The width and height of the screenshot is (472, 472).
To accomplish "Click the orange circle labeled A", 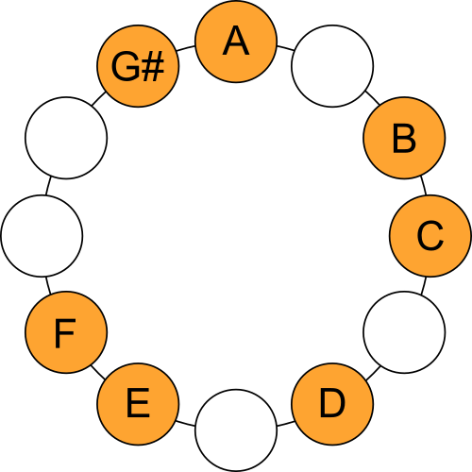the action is click(x=236, y=42).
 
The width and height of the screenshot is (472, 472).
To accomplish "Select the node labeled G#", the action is click(x=138, y=66).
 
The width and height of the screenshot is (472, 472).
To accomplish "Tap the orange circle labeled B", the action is click(x=404, y=138).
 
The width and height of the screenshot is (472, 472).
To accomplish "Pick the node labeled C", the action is click(x=430, y=236).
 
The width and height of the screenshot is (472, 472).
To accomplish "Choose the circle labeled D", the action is click(x=332, y=404).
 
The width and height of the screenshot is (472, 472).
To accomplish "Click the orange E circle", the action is click(x=138, y=404).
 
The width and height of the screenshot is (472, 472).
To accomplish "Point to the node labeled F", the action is click(x=66, y=332).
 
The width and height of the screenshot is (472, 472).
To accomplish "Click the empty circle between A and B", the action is click(x=332, y=66).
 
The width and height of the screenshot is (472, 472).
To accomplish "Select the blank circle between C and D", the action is click(x=404, y=332).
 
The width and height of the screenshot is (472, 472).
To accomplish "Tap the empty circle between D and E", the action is click(x=236, y=430).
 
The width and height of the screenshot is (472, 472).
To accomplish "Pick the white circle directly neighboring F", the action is click(x=42, y=236).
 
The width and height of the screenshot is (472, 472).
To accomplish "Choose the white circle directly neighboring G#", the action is click(x=66, y=138).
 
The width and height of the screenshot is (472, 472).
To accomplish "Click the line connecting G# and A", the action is click(x=186, y=48).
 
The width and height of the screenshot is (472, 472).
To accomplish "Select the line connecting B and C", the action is click(x=424, y=186).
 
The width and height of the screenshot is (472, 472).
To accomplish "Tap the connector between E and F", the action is click(x=98, y=373).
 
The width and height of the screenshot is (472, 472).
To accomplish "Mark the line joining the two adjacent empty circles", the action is click(x=48, y=186).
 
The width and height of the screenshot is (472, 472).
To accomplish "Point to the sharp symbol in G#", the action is click(x=153, y=67).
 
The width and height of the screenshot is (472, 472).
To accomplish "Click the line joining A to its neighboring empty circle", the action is click(x=285, y=48).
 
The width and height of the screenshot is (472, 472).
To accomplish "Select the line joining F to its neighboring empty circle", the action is click(x=48, y=285).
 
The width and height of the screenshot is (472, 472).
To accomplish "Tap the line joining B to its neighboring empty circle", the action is click(x=373, y=98).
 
